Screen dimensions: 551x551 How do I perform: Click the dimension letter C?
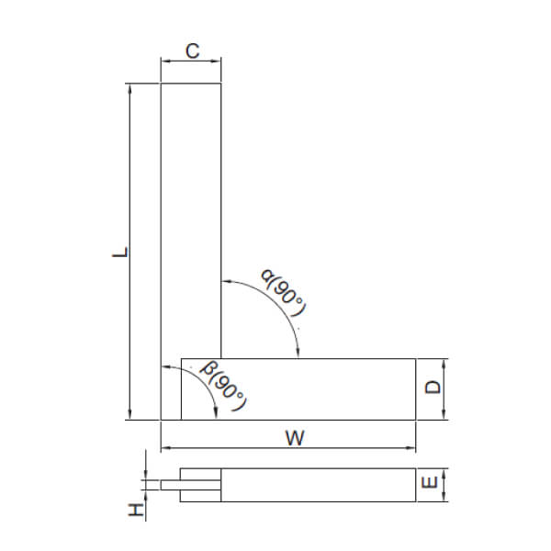pos(191,51)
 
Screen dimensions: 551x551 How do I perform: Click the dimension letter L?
pos(118,252)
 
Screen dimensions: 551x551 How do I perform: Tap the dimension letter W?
pos(293,438)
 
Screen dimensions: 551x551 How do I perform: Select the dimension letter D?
pos(433,388)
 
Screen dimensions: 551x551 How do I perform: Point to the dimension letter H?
pos(135,510)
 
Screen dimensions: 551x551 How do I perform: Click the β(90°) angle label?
pos(223,387)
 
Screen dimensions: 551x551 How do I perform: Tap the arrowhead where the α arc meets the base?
pos(298,354)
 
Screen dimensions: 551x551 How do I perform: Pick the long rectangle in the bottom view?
pos(317,486)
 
